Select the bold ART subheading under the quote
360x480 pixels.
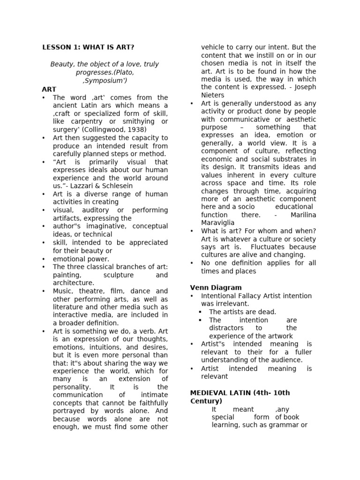click(x=49, y=89)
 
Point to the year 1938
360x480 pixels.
click(x=136, y=129)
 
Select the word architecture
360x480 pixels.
click(x=74, y=283)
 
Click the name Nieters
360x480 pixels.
click(x=213, y=95)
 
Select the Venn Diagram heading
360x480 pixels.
click(x=216, y=287)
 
